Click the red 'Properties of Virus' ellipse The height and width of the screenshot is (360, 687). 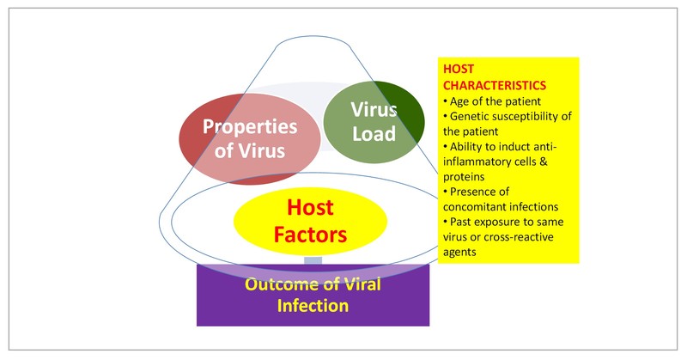click(249, 137)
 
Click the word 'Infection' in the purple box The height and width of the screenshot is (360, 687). click(313, 305)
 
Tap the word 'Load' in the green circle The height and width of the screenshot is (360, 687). click(374, 134)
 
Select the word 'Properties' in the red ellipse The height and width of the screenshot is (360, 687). click(248, 126)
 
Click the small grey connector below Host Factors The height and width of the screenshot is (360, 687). click(313, 259)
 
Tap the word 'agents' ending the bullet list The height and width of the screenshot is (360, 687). click(462, 253)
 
